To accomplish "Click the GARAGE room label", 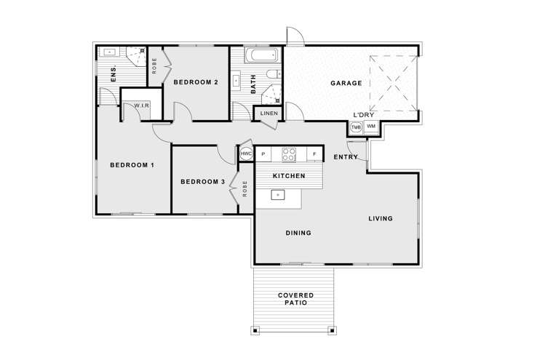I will click(346, 84).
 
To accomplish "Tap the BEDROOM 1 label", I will click(132, 165).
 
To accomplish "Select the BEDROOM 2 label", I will click(196, 82).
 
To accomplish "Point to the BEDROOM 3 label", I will click(202, 182).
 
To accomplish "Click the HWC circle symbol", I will click(246, 154).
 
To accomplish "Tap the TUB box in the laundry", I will click(356, 127).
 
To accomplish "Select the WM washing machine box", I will click(371, 127).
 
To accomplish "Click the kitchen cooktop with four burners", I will click(289, 154).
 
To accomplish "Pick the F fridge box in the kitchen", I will click(314, 154).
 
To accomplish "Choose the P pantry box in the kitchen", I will click(263, 154).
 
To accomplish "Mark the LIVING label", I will click(380, 218).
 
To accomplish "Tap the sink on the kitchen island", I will click(277, 194).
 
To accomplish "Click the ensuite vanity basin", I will click(109, 52).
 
